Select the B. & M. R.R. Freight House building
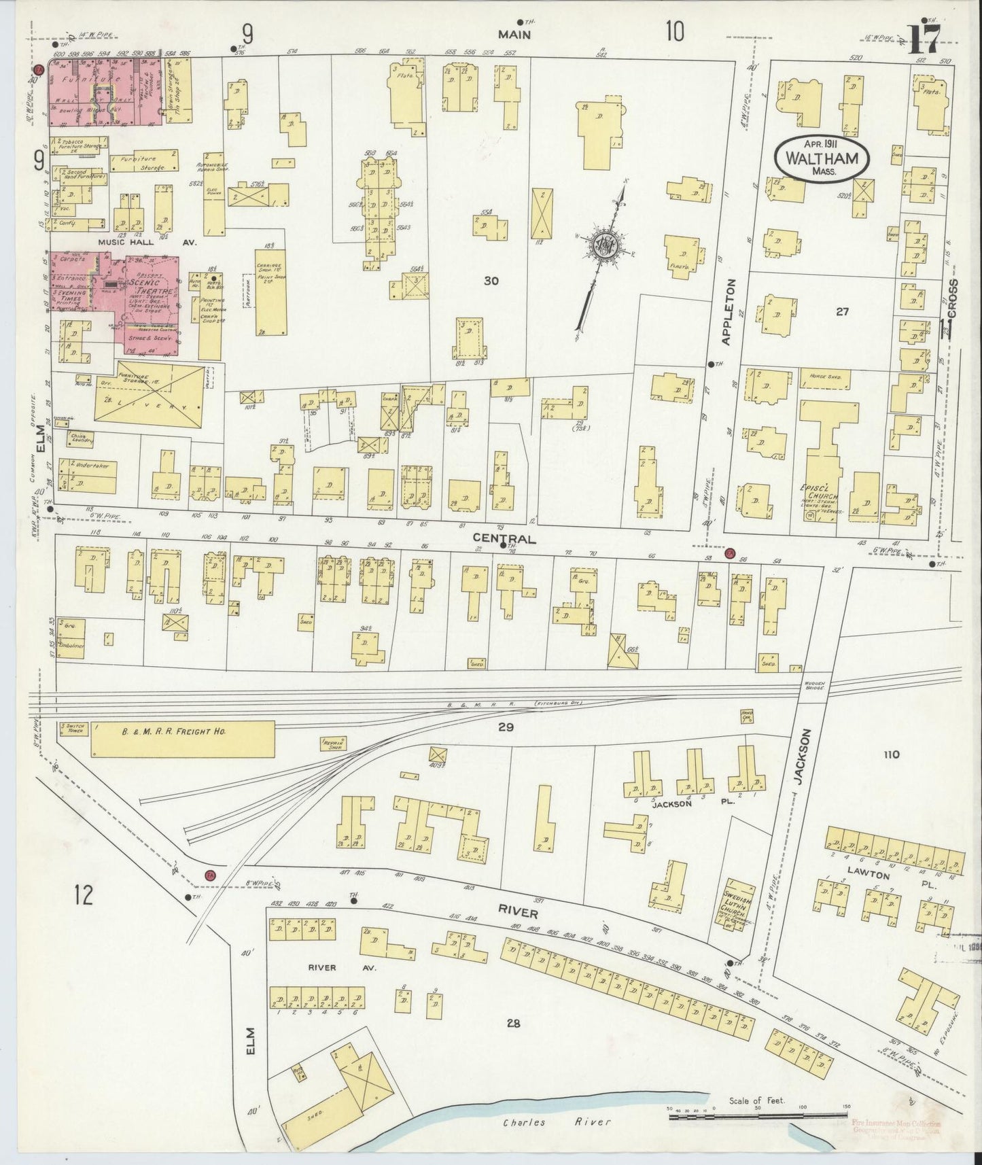(182, 738)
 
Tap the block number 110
(891, 754)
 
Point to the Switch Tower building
(74, 729)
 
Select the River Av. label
(322, 967)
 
